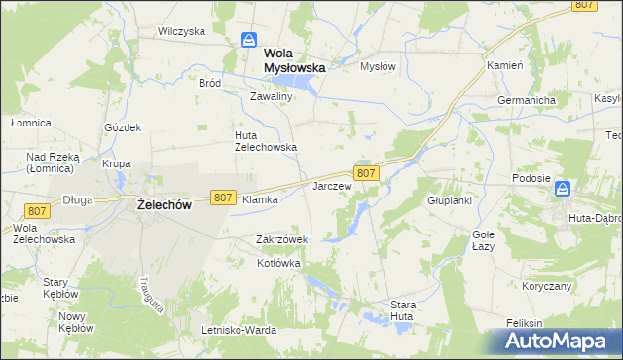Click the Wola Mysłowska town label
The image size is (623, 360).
[x=293, y=61]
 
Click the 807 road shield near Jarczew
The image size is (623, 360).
[x=366, y=172]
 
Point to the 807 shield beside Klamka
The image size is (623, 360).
[x=222, y=198]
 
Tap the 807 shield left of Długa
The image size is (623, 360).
[x=37, y=211]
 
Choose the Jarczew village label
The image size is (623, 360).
[x=331, y=185]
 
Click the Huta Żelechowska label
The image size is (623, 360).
[x=265, y=141]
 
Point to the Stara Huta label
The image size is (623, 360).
[x=403, y=310]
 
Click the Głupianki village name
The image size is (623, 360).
[x=449, y=200]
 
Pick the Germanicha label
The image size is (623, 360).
[x=526, y=100]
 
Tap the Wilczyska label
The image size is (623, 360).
[x=181, y=31]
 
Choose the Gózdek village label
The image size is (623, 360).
[x=124, y=127]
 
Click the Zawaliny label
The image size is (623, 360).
[x=271, y=97]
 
